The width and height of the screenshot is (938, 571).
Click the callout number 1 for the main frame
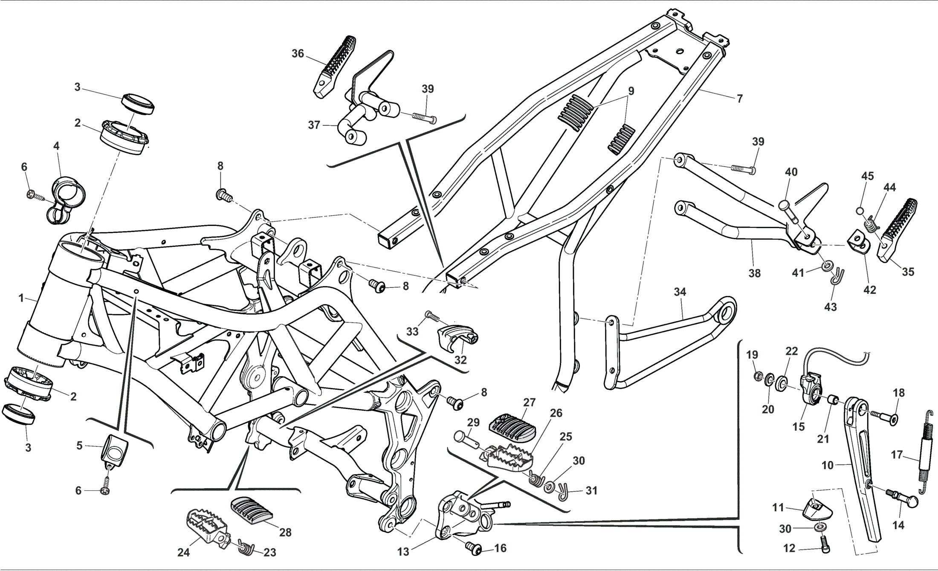pyautogui.click(x=21, y=298)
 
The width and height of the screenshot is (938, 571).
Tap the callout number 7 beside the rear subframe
pyautogui.click(x=739, y=99)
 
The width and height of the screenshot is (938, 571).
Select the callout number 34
pyautogui.click(x=680, y=292)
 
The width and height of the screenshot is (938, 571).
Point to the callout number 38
pyautogui.click(x=754, y=273)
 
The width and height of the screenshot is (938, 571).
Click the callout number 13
pyautogui.click(x=403, y=552)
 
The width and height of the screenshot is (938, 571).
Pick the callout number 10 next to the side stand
pyautogui.click(x=827, y=465)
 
